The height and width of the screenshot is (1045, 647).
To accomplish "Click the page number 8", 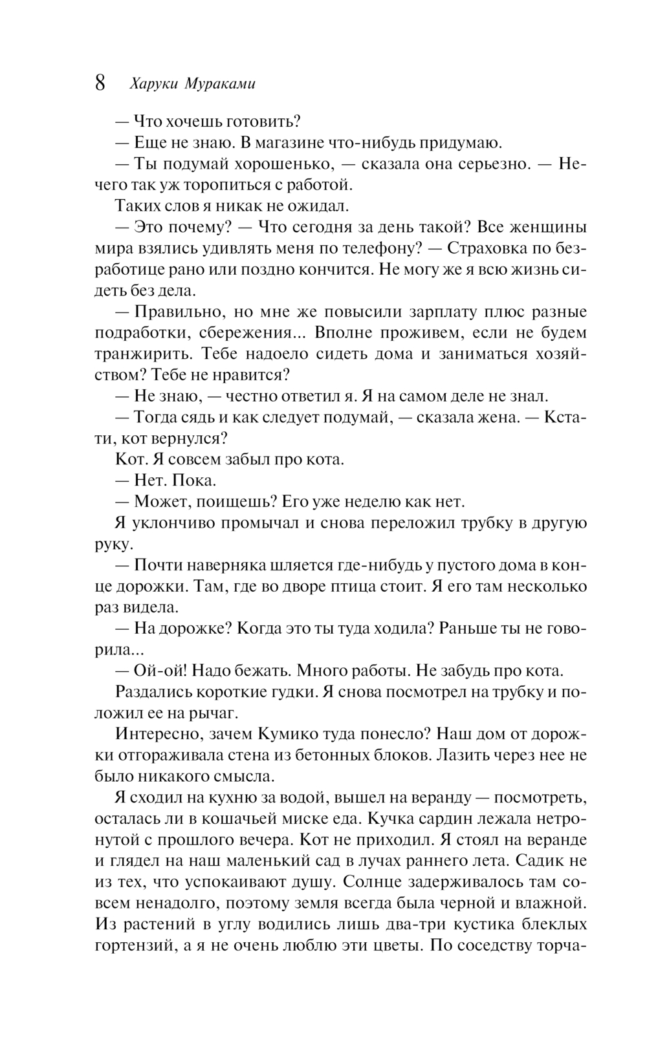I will coord(100,83).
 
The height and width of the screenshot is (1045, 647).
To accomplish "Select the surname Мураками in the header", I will coord(221,83).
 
